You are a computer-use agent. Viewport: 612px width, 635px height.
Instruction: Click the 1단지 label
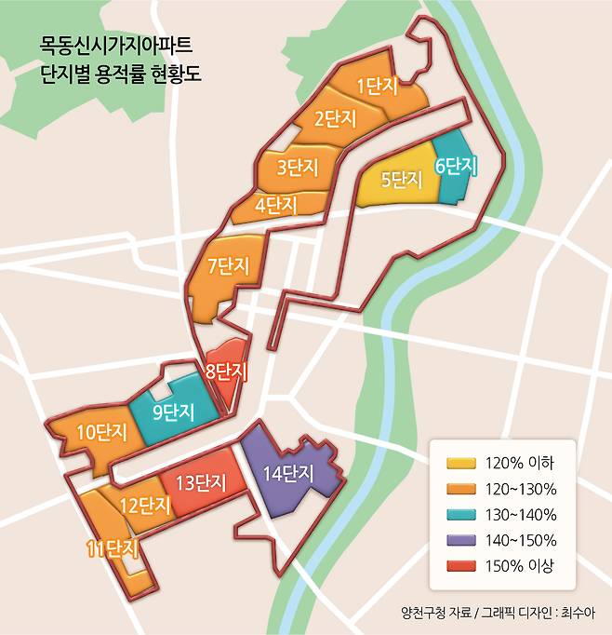pos(377,87)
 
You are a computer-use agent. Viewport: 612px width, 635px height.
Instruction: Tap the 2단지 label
pos(333,119)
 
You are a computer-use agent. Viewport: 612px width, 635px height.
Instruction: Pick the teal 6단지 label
pos(456,167)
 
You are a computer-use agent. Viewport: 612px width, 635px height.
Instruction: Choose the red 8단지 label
pos(226,372)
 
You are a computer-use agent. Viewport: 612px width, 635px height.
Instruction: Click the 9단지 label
pos(172,411)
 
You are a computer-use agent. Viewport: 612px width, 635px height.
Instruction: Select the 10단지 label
pos(101,432)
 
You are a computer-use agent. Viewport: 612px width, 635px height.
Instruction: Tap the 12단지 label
pos(145,506)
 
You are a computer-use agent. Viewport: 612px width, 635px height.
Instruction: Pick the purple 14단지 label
pos(287,473)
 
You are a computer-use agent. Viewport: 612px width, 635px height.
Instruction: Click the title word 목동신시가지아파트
pos(118,45)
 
